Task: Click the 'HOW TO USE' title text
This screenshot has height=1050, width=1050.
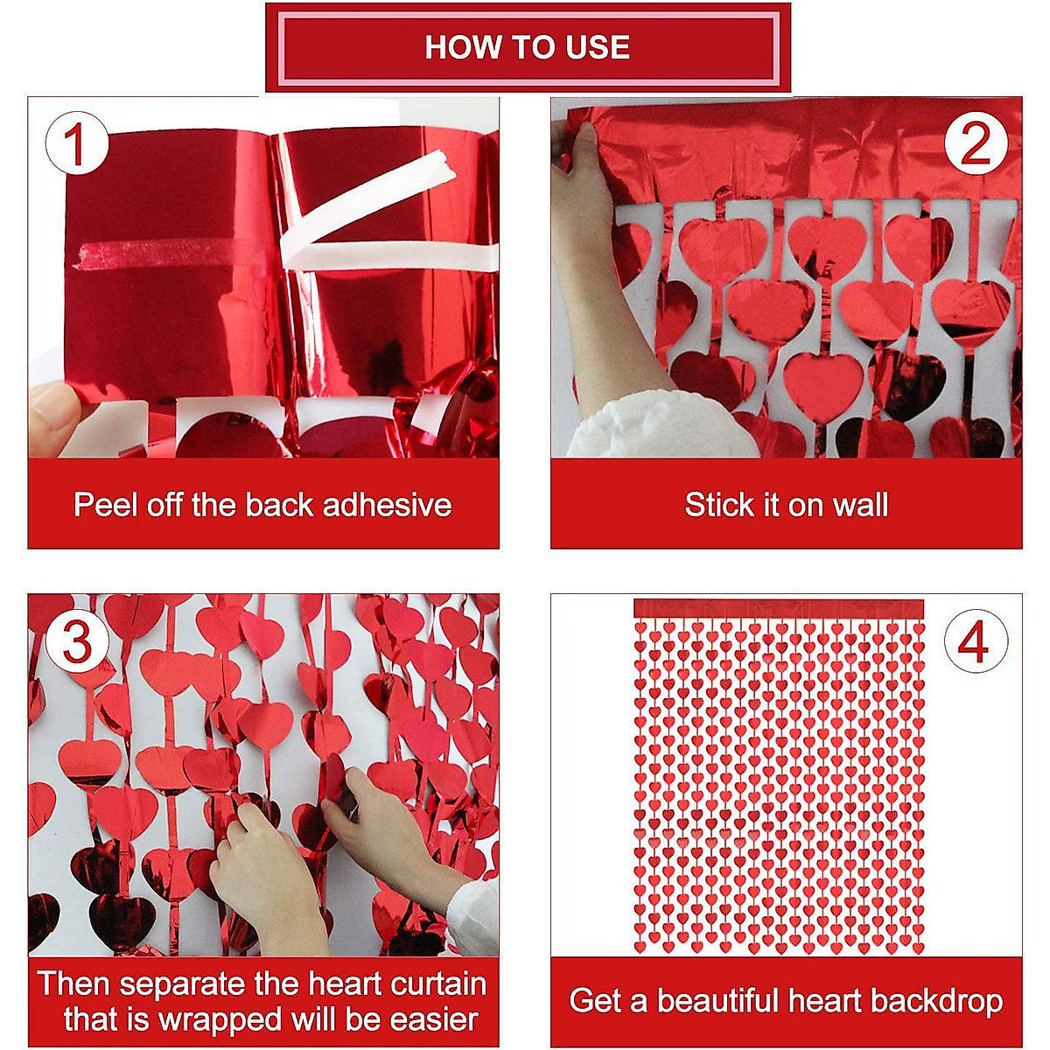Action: tap(527, 47)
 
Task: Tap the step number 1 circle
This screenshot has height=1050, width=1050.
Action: tap(77, 143)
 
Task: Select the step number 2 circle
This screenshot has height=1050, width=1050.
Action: tap(976, 143)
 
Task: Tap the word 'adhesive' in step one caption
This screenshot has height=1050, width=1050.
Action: tap(387, 505)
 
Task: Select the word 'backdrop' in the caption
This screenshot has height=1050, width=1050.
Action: tap(936, 1001)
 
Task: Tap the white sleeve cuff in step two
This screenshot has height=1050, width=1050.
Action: tap(662, 426)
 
